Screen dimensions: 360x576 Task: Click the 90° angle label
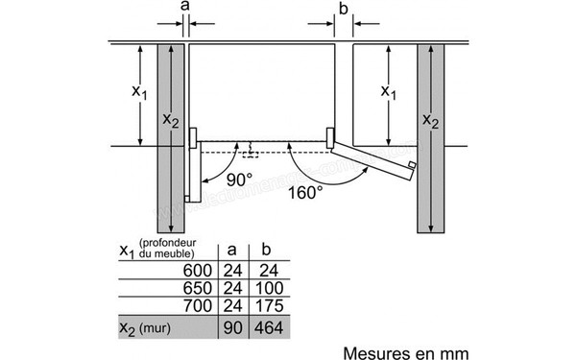[239, 180]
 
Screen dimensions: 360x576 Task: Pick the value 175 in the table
[268, 307]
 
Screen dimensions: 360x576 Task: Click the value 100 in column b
[268, 287]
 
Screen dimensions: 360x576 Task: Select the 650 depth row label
[193, 287]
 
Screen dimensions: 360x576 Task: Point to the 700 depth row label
[193, 307]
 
